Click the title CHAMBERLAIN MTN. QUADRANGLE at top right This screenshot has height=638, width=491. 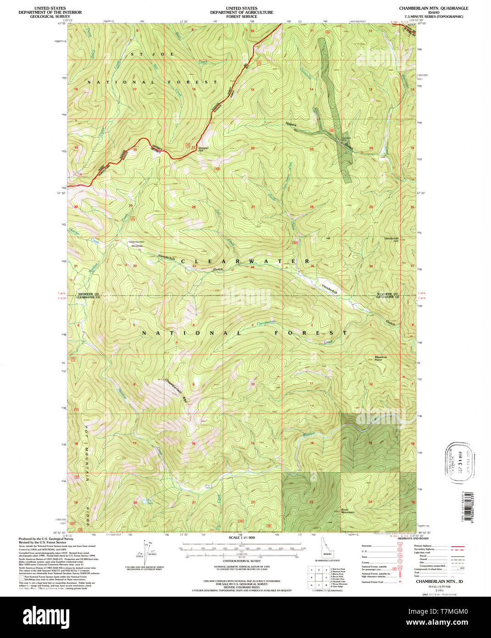coord(433,8)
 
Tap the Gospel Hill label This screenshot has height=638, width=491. coord(203,149)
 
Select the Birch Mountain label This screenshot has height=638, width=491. coord(347,511)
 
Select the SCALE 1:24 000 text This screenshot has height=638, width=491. coord(241,537)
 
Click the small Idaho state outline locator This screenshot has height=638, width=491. coord(327,549)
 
